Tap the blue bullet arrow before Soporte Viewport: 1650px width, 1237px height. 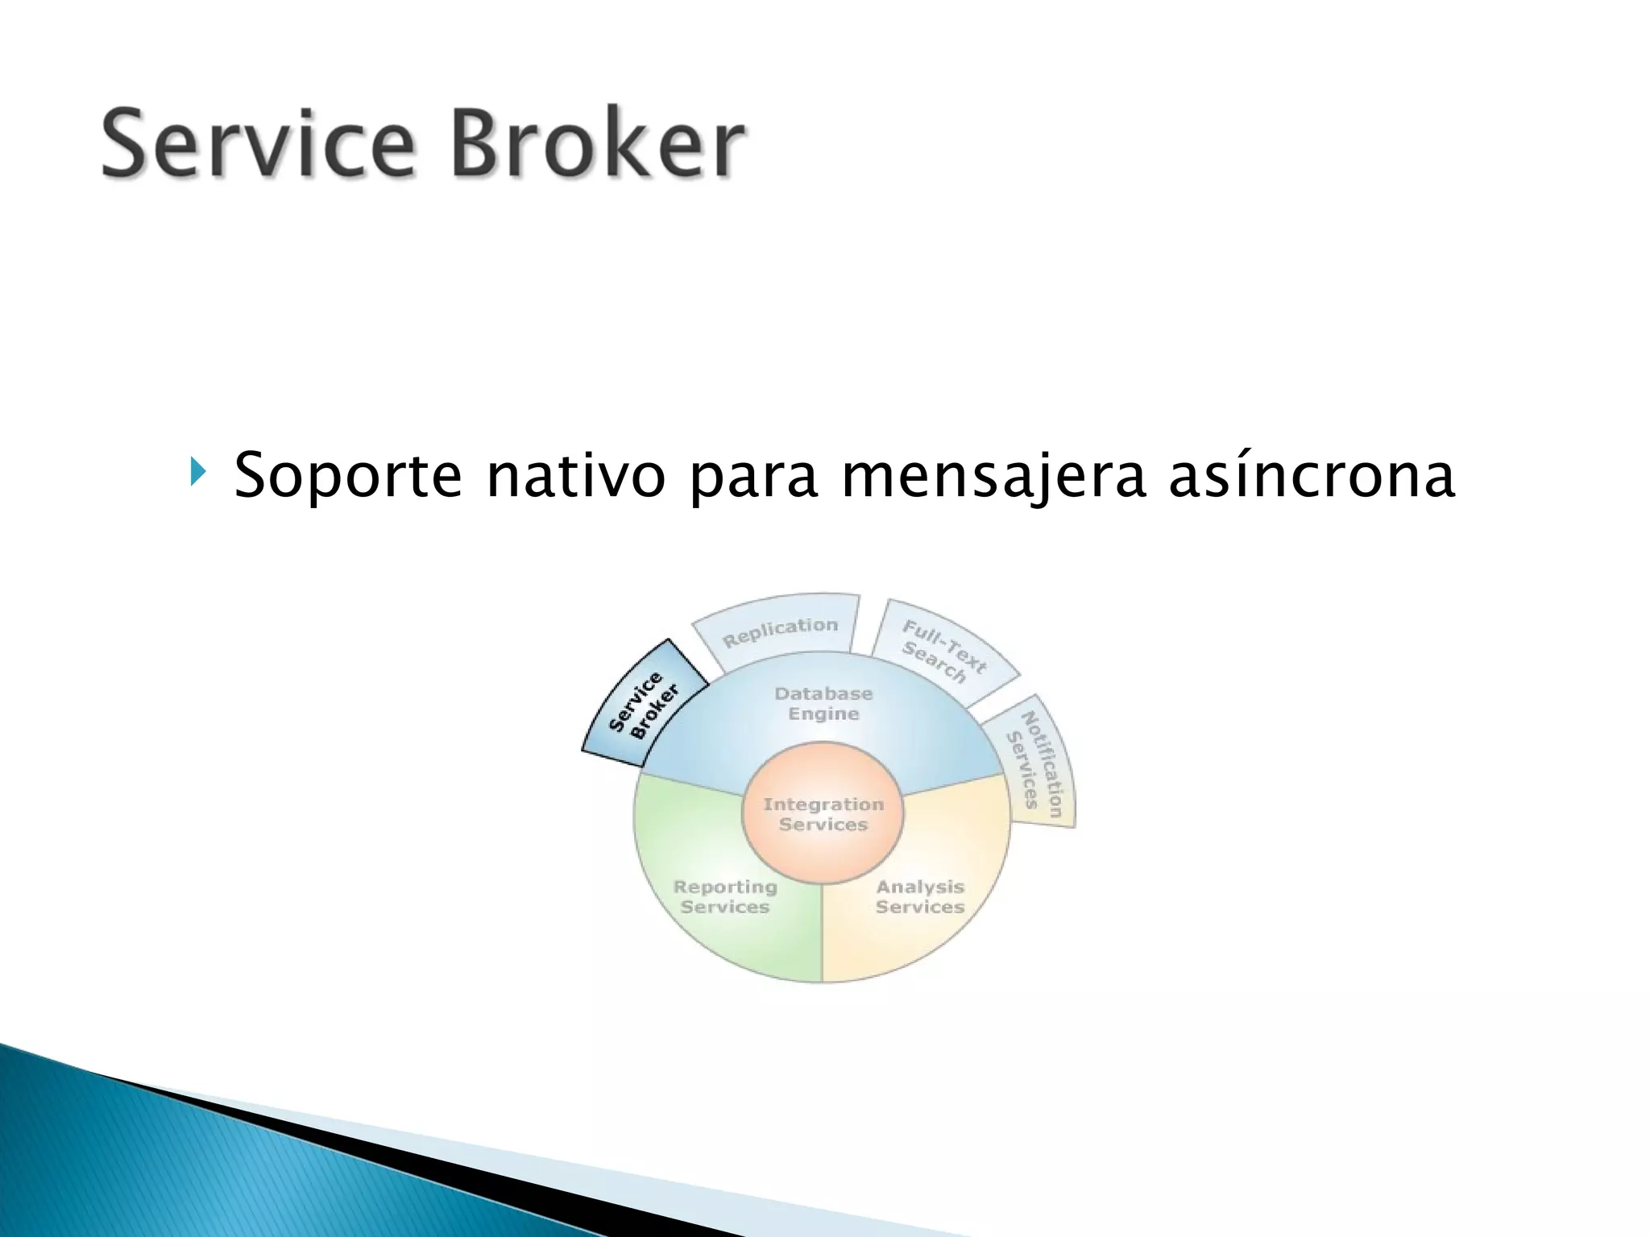[197, 471]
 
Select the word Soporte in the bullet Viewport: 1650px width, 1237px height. [347, 475]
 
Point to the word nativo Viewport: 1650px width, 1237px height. [575, 475]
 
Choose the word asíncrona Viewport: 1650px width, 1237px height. [1311, 475]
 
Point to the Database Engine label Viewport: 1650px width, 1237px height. [823, 703]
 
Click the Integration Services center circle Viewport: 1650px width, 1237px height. [823, 813]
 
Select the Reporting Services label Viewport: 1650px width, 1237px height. [724, 896]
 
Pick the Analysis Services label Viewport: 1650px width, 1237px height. [920, 896]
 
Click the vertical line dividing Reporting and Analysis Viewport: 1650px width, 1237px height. [822, 934]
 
